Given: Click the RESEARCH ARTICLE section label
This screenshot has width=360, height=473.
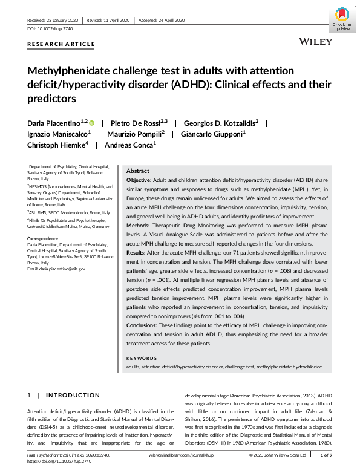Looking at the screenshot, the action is (61, 44).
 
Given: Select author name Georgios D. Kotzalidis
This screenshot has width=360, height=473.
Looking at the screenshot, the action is (221, 122).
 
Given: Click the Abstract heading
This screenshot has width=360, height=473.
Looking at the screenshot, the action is (137, 171).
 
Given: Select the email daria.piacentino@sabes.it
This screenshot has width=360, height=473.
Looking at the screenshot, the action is (57, 268).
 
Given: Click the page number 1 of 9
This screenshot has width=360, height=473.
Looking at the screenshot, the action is (326, 454).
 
